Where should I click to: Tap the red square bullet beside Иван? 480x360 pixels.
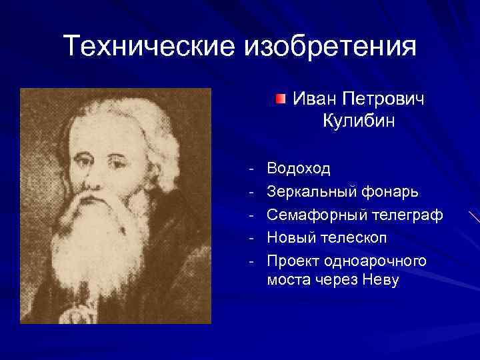tap(281, 99)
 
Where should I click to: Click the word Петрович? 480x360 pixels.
tap(383, 99)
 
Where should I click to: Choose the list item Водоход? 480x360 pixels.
tap(298, 168)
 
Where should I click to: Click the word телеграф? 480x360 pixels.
tap(408, 215)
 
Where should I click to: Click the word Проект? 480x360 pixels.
tap(293, 261)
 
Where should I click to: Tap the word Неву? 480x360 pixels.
tap(379, 280)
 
